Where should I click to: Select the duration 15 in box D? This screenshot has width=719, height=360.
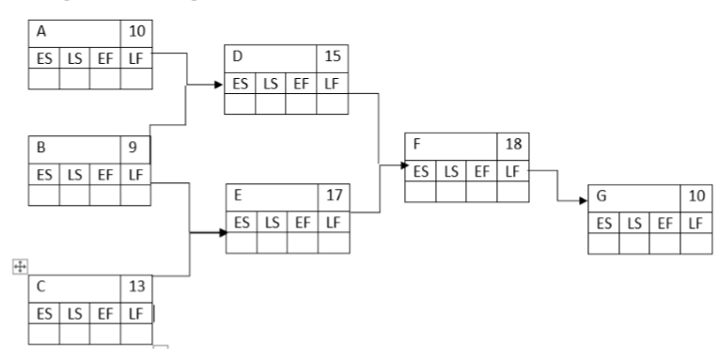[x=332, y=57]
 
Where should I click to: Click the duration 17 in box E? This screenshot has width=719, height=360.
[x=333, y=196]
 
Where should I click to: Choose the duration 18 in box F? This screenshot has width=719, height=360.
[x=512, y=146]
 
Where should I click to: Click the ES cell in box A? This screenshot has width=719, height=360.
[x=43, y=57]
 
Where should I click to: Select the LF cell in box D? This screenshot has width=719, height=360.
[x=332, y=83]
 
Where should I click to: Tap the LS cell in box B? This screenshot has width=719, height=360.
[x=74, y=173]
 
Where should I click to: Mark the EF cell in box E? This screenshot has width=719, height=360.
[x=302, y=222]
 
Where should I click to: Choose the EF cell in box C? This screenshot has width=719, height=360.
[x=105, y=312]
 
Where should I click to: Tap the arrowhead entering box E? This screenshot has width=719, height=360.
[x=220, y=231]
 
